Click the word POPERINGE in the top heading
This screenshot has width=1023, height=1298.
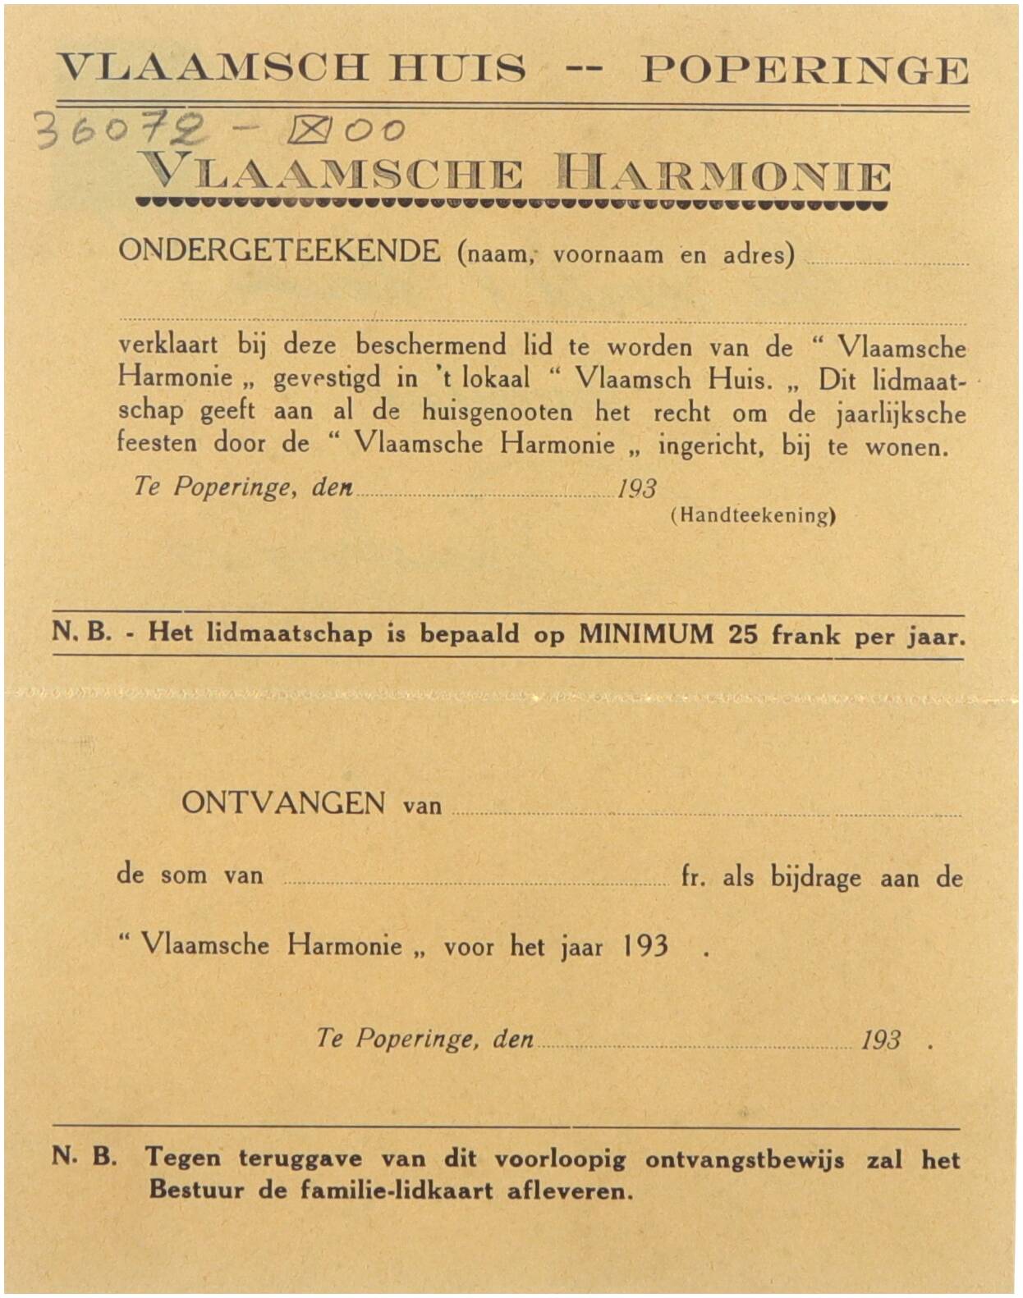(804, 71)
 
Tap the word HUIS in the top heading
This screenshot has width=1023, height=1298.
(457, 68)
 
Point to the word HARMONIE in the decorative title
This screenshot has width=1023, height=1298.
(723, 175)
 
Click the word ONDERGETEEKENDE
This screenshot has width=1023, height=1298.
(279, 251)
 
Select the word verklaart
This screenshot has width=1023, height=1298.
(168, 345)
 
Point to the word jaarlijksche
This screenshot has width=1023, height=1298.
(901, 414)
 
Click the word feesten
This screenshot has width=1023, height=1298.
(157, 443)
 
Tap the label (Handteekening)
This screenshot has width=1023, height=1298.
(753, 516)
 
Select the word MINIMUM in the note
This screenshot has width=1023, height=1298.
(646, 634)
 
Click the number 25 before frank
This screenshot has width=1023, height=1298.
(743, 634)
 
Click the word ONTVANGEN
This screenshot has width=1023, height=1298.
(283, 802)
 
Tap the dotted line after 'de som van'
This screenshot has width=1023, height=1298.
(476, 882)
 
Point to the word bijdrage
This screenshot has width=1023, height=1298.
(815, 878)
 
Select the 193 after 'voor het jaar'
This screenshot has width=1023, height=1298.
(645, 946)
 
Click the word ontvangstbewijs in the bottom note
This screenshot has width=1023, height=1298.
(744, 1160)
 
